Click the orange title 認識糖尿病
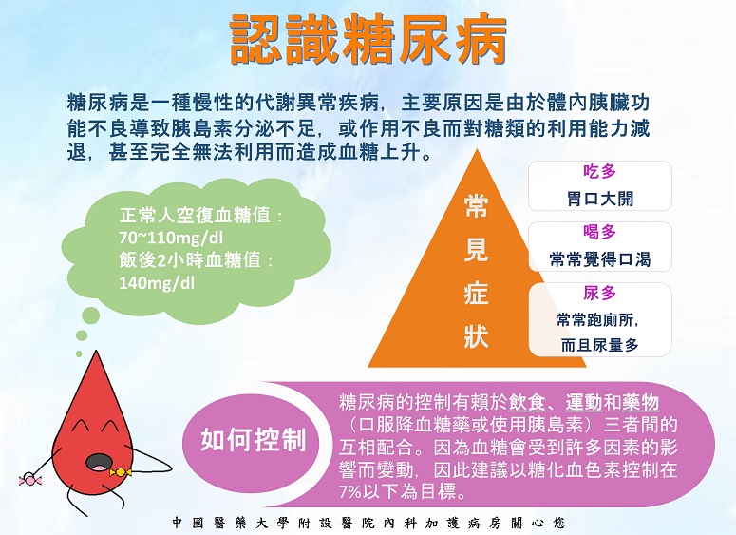click(x=368, y=39)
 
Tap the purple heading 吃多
click(x=599, y=171)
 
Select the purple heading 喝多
click(x=599, y=232)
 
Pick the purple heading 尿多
click(x=599, y=293)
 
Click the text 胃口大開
click(x=600, y=199)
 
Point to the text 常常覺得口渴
click(x=600, y=259)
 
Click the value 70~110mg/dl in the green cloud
click(x=170, y=239)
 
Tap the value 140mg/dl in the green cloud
click(x=157, y=283)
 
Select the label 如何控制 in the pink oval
click(x=253, y=440)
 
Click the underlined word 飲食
click(x=527, y=403)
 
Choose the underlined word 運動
click(x=584, y=403)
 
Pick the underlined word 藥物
click(x=641, y=403)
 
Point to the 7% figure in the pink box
click(x=350, y=492)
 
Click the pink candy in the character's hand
click(x=30, y=479)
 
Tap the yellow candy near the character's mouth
click(x=121, y=471)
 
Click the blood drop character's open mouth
click(x=98, y=463)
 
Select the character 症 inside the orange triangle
click(x=476, y=293)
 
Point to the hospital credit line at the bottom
click(x=368, y=523)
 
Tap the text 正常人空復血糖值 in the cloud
click(x=195, y=216)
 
